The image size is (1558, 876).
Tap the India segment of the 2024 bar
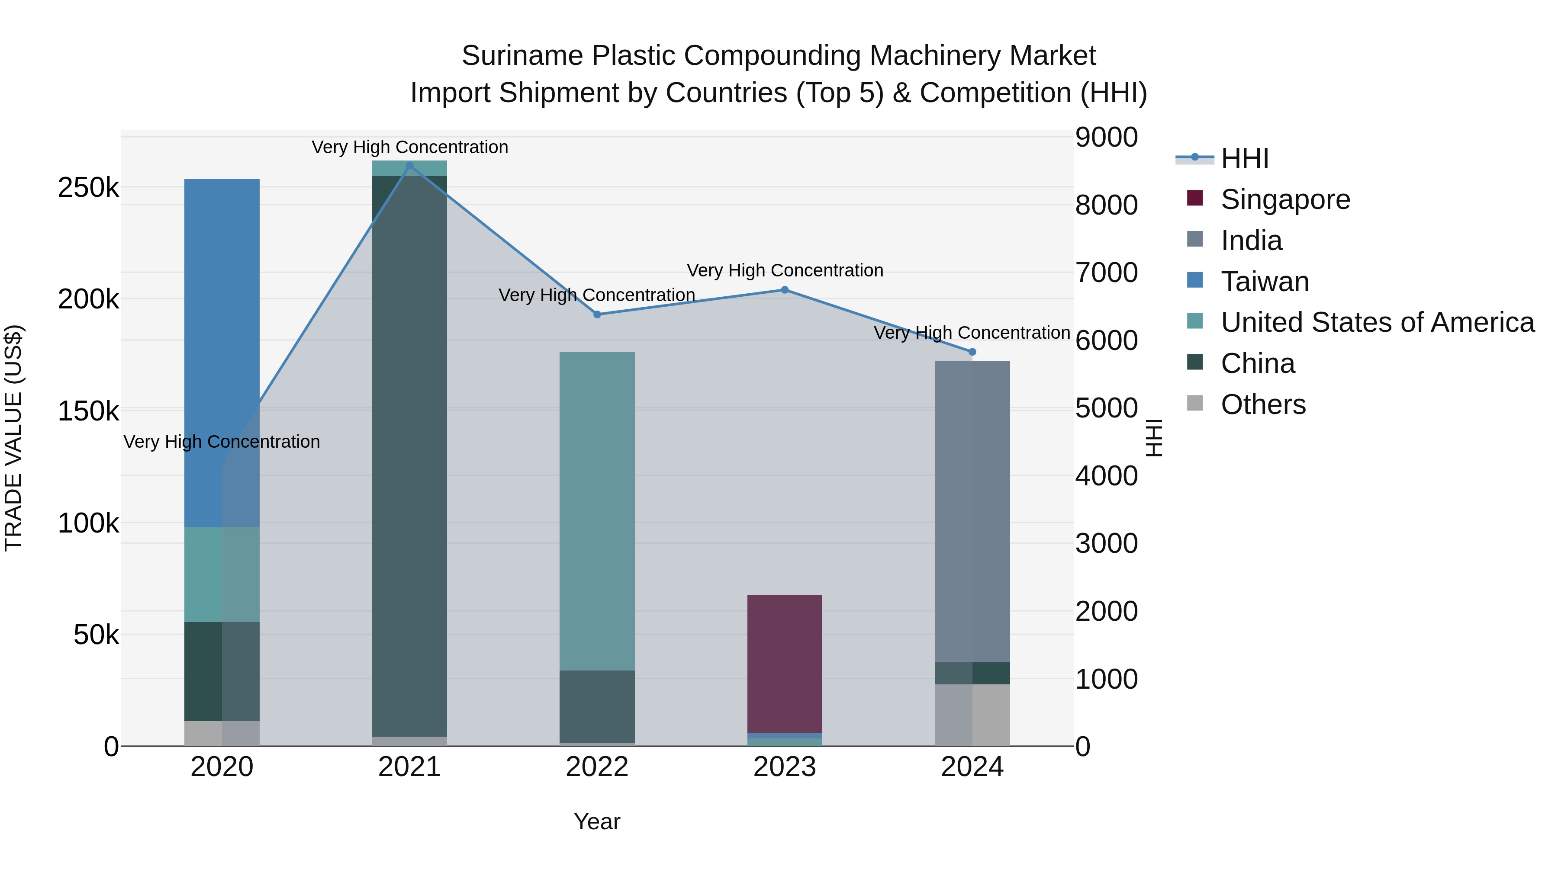pyautogui.click(x=972, y=511)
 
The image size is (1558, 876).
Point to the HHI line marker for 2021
pyautogui.click(x=409, y=166)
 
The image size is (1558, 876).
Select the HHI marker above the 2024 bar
pyautogui.click(x=972, y=352)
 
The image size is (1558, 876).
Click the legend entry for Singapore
pyautogui.click(x=1284, y=199)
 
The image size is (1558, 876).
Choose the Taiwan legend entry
pyautogui.click(x=1264, y=282)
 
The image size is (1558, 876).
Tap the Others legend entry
pyautogui.click(x=1263, y=404)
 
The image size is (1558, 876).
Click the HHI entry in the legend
pyautogui.click(x=1244, y=158)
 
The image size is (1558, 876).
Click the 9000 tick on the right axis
pyautogui.click(x=1106, y=137)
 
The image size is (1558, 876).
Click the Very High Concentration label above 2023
pyautogui.click(x=785, y=270)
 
